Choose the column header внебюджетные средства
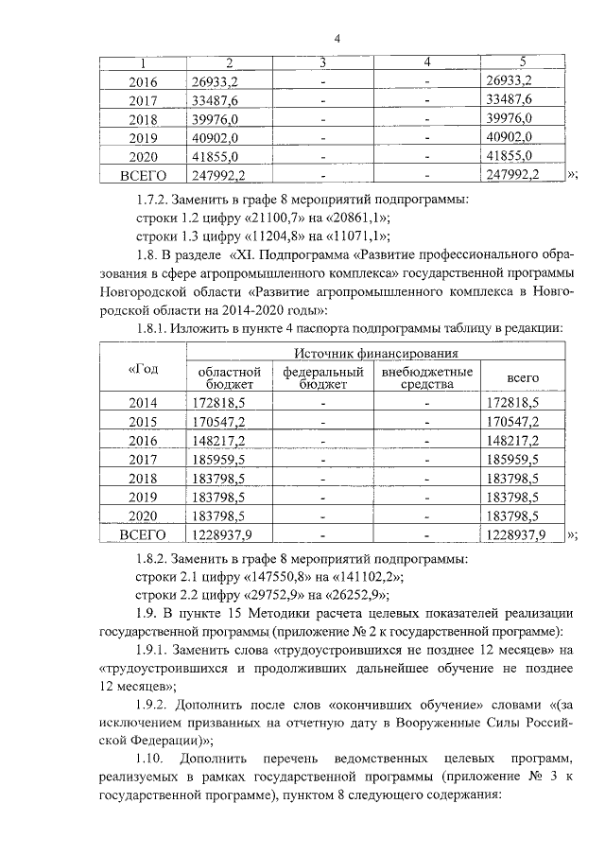[x=426, y=377]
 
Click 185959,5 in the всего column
[x=510, y=460]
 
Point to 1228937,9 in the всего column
[x=515, y=534]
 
